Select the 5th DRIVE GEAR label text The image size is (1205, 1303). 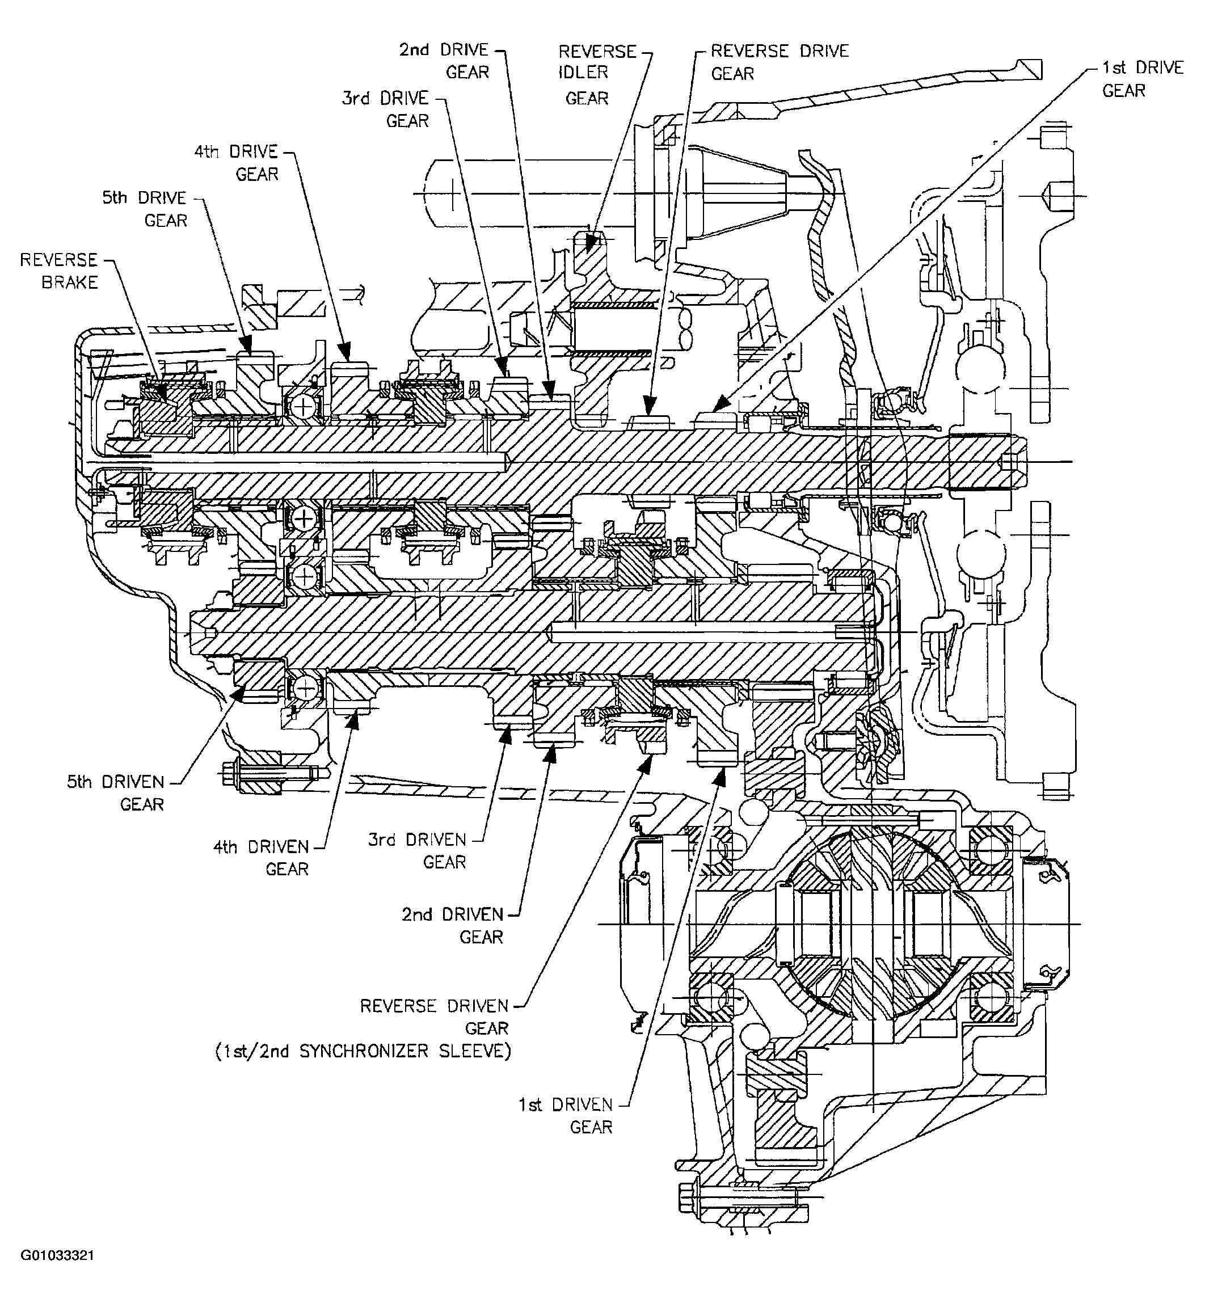point(145,209)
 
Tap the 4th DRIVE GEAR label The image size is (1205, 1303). point(237,162)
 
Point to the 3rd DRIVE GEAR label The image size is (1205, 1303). point(385,109)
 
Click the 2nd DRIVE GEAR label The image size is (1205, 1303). point(445,61)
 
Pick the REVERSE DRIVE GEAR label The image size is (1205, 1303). point(779,61)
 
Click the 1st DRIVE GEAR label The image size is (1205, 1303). point(1143,78)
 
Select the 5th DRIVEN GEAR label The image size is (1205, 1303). point(116,792)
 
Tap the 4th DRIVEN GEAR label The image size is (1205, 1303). point(262,857)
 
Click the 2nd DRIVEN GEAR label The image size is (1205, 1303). point(453,925)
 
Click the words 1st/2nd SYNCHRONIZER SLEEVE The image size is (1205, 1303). point(363,1051)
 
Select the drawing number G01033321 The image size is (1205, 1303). point(57,1274)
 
